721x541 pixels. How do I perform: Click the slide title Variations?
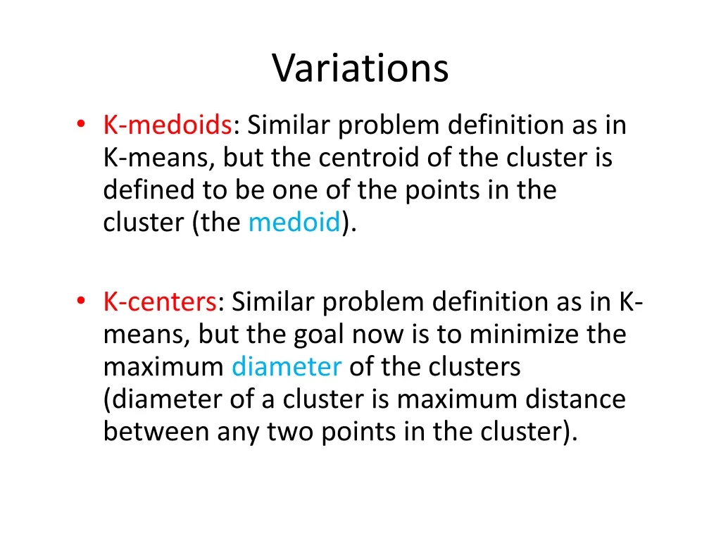click(360, 68)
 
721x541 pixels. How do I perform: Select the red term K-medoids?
click(168, 125)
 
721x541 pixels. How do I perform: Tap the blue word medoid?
click(294, 223)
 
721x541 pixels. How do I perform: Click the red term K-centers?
click(160, 302)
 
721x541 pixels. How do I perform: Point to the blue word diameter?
click(287, 367)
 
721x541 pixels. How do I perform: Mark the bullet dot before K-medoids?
click(82, 125)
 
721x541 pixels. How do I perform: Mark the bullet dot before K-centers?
click(82, 302)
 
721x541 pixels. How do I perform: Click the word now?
click(384, 335)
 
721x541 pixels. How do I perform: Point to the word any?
click(238, 432)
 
